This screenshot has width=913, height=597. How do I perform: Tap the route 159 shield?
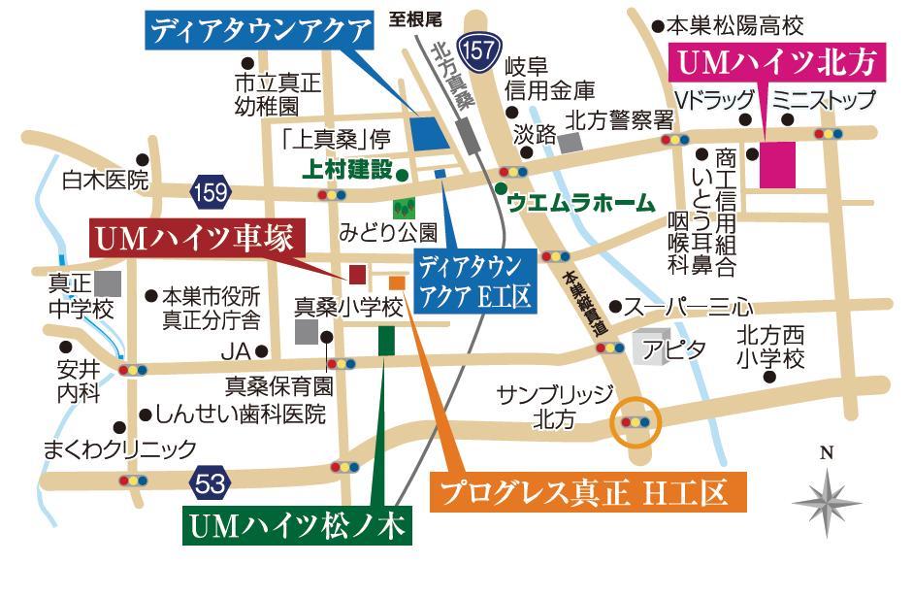point(211,190)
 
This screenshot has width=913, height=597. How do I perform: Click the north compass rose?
point(827,499)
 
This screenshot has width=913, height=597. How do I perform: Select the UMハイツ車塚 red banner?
point(198,237)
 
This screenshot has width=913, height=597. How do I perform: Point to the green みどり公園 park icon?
point(403,208)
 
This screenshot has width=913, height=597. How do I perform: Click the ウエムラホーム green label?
point(580,204)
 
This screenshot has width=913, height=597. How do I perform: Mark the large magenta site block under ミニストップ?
point(777,164)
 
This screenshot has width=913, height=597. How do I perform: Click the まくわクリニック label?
point(120,448)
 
